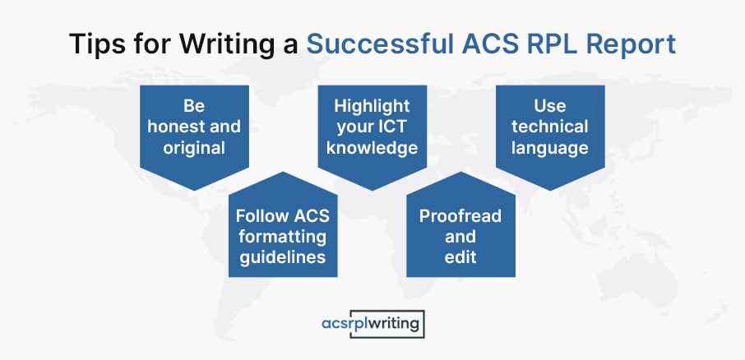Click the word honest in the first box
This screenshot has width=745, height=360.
[x=169, y=127]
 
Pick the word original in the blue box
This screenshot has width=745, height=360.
[x=194, y=148]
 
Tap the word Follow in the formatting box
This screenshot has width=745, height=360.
[x=256, y=216]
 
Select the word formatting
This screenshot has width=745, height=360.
[x=283, y=237]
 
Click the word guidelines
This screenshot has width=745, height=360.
[x=283, y=257]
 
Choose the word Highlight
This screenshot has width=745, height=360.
[x=372, y=106]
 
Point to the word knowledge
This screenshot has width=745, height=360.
[x=372, y=148]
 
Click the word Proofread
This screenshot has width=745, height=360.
[x=460, y=216]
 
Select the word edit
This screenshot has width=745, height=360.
[x=460, y=257]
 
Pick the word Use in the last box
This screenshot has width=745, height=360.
[x=550, y=106]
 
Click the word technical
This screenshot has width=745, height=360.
[x=550, y=127]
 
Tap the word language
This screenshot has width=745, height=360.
[x=550, y=149]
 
